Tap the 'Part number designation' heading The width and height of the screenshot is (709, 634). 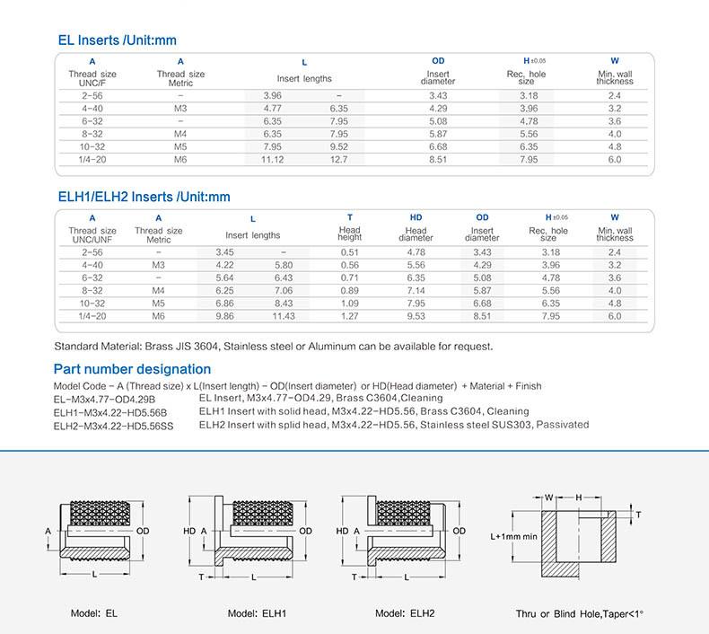133,369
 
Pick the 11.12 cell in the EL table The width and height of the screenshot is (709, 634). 272,159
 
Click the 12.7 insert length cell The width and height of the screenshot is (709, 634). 338,159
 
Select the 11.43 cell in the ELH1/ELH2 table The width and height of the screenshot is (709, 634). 284,316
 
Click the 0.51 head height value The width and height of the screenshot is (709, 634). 350,252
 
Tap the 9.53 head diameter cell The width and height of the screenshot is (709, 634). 416,316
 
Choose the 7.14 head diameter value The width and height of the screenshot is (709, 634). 416,291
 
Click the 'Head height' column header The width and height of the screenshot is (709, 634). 350,234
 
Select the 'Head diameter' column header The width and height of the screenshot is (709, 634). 416,234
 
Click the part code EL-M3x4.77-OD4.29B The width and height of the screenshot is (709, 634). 105,398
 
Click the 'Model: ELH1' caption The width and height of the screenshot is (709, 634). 257,613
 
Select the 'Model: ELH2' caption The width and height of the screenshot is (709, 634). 405,613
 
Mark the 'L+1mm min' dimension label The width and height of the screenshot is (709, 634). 513,536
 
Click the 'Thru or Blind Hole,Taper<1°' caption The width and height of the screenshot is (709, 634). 579,613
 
